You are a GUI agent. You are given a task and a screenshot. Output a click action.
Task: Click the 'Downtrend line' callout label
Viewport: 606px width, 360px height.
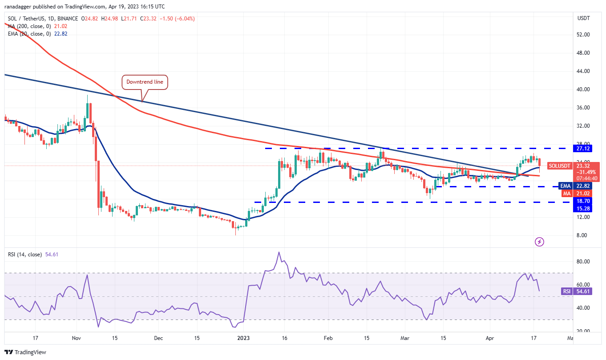click(x=145, y=82)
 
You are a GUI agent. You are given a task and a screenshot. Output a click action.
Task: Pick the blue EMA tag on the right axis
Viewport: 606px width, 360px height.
click(x=566, y=186)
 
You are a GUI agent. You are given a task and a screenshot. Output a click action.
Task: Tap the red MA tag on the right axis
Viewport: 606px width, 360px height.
click(x=566, y=194)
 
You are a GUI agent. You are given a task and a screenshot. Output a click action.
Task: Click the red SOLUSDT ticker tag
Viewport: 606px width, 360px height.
click(x=560, y=166)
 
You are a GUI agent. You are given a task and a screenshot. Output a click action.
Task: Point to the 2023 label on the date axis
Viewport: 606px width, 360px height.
click(x=243, y=338)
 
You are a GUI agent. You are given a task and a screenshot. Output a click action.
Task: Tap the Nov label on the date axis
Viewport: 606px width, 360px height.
click(x=76, y=338)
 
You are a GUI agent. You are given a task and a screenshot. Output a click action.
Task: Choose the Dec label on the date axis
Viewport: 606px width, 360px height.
click(x=158, y=338)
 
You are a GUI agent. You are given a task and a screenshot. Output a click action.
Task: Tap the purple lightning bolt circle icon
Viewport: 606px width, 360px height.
click(x=539, y=242)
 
